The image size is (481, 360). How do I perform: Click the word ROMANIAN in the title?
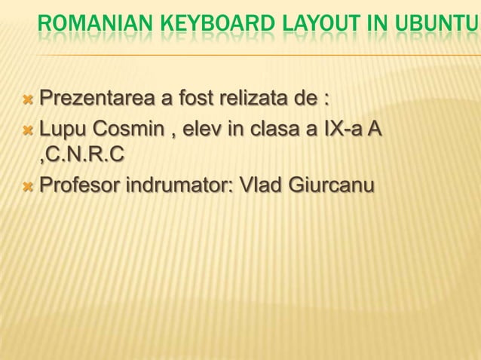click(88, 29)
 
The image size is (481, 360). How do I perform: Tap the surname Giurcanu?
click(331, 185)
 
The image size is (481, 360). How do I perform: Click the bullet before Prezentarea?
click(29, 99)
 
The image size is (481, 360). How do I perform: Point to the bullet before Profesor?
click(29, 185)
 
